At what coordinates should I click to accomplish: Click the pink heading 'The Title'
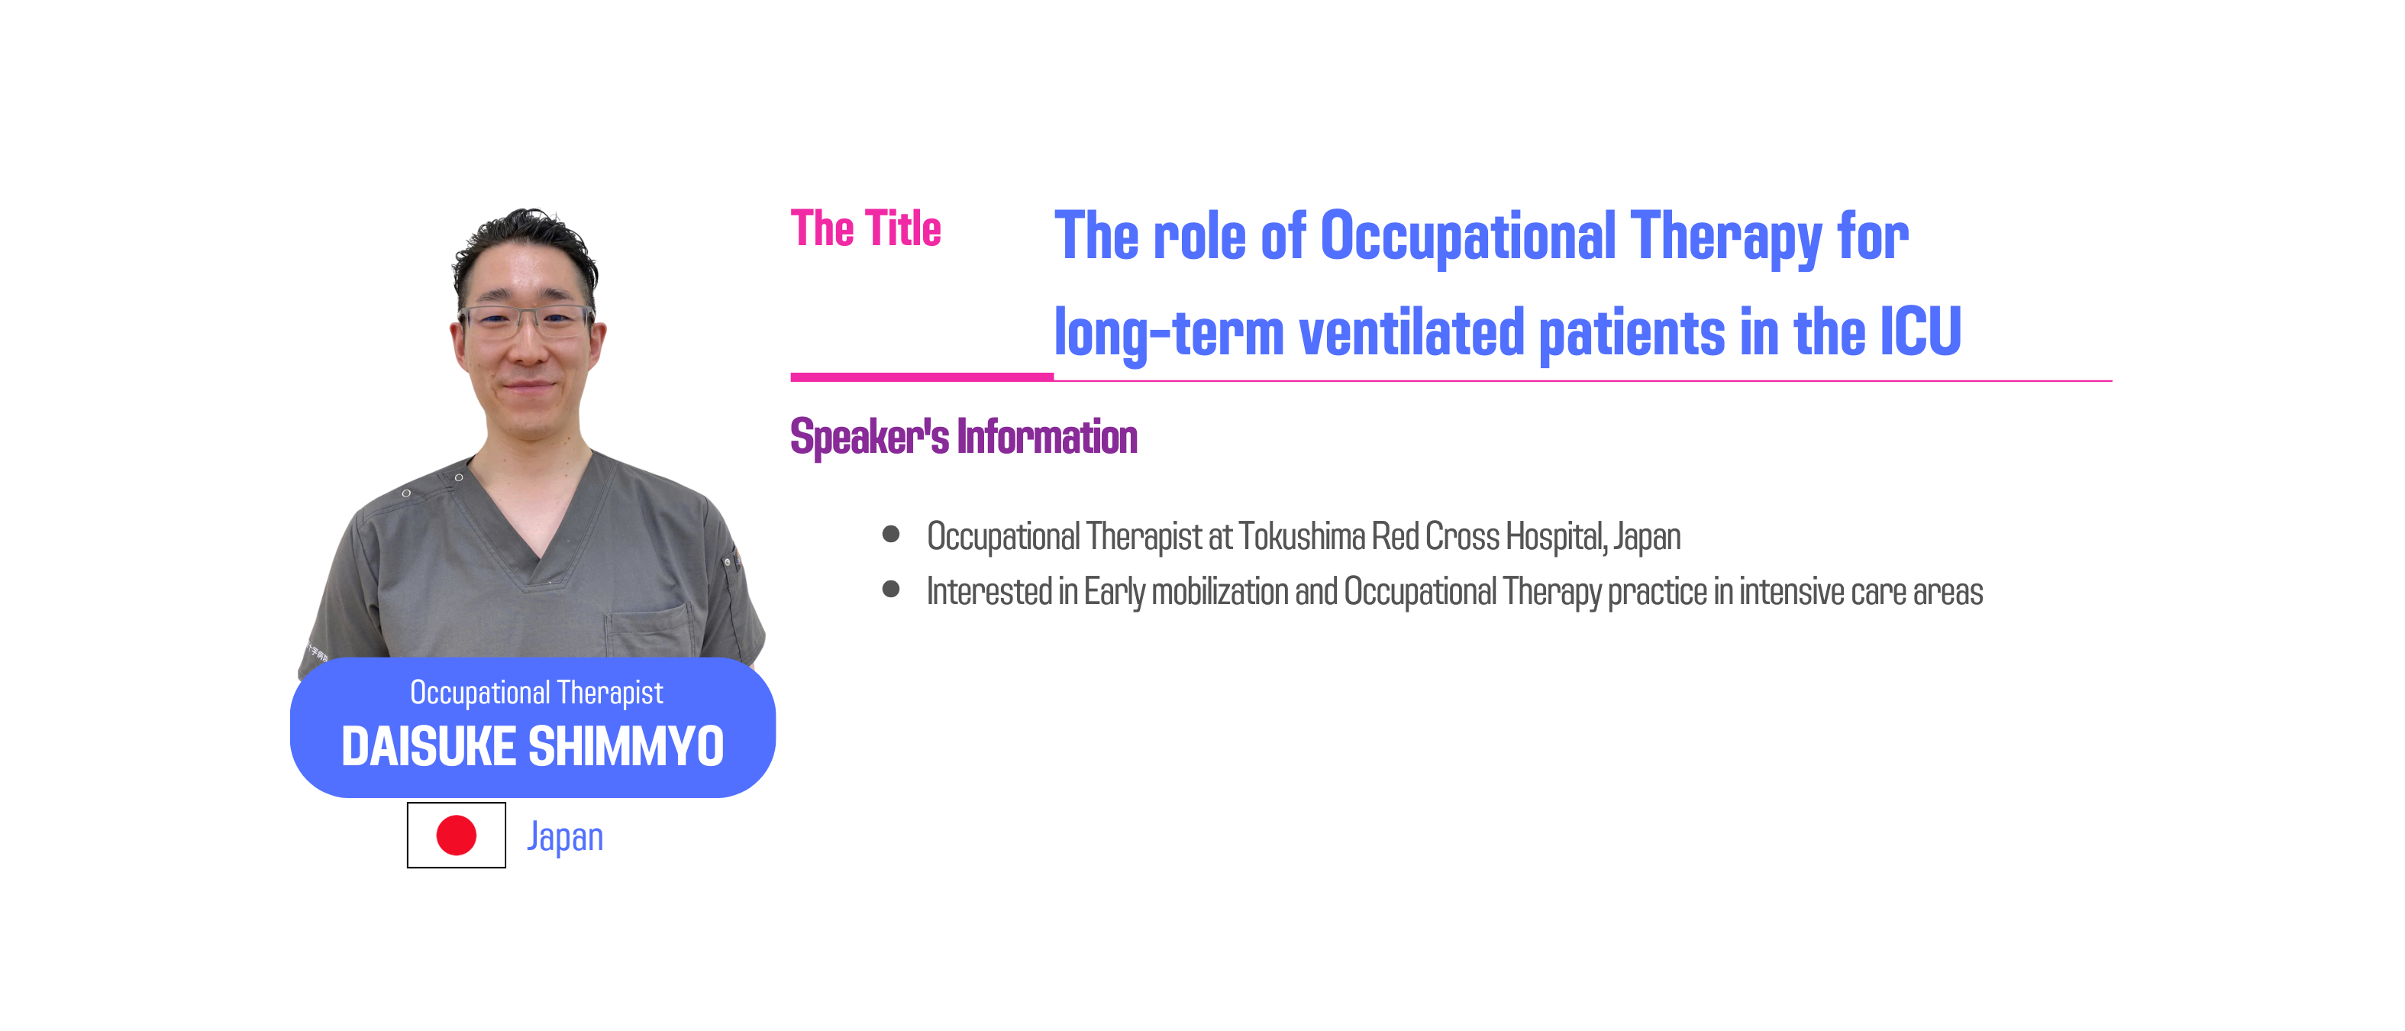pyautogui.click(x=866, y=229)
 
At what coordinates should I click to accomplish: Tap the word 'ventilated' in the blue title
pyautogui.click(x=1411, y=332)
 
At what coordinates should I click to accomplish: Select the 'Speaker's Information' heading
pyautogui.click(x=964, y=437)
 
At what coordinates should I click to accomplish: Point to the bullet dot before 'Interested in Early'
pyautogui.click(x=891, y=590)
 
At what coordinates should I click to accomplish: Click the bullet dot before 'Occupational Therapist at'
pyautogui.click(x=891, y=534)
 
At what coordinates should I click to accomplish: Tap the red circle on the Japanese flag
pyautogui.click(x=457, y=835)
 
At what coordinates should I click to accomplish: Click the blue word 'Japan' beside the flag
pyautogui.click(x=565, y=837)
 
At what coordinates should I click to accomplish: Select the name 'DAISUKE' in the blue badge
pyautogui.click(x=428, y=746)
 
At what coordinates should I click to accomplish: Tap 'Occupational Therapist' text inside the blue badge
pyautogui.click(x=537, y=693)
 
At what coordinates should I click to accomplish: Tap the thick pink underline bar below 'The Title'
pyautogui.click(x=922, y=377)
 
